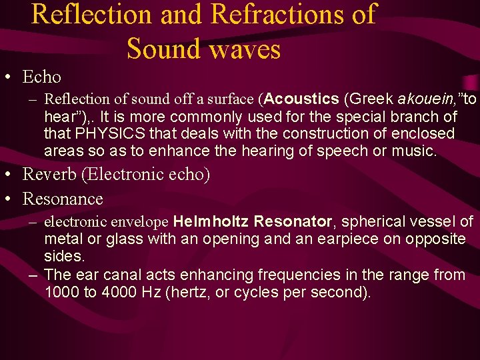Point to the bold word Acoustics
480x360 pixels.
coord(302,99)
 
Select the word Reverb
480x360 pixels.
coord(47,175)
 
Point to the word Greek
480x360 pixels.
coord(369,99)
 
